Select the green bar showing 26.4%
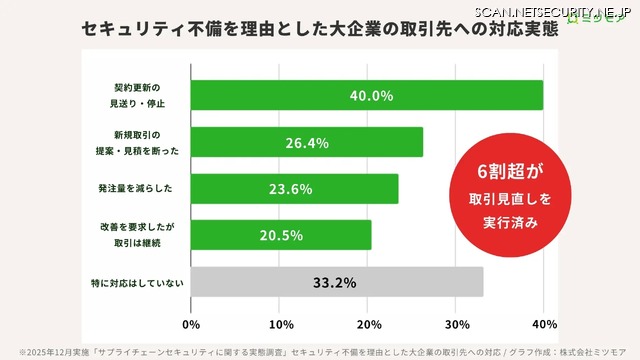pyautogui.click(x=305, y=143)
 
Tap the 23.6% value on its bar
pyautogui.click(x=292, y=189)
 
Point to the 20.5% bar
pyautogui.click(x=280, y=235)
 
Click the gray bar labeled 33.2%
pyautogui.click(x=336, y=282)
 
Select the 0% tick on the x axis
pyautogui.click(x=191, y=325)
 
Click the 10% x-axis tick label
pyautogui.click(x=281, y=325)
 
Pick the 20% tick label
pyautogui.click(x=369, y=325)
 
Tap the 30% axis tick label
pyautogui.click(x=457, y=325)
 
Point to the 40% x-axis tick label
pyautogui.click(x=544, y=325)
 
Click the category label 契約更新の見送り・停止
pyautogui.click(x=135, y=96)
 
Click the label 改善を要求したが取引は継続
pyautogui.click(x=136, y=235)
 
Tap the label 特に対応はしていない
pyautogui.click(x=136, y=283)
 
